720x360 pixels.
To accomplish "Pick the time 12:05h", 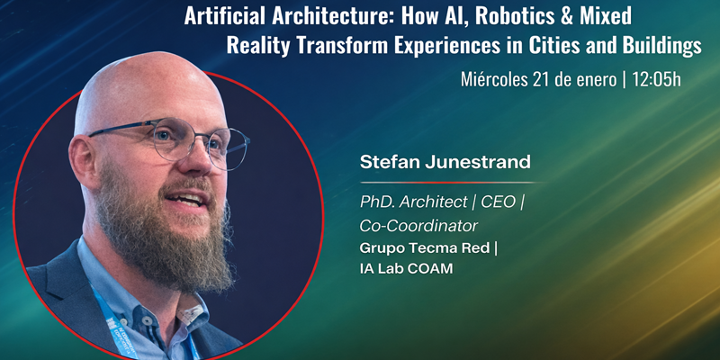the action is coord(656,80).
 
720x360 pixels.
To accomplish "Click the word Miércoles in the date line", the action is coord(494,80).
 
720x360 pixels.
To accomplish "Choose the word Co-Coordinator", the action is coord(418,226).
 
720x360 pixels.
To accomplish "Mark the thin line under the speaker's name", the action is coord(453,183).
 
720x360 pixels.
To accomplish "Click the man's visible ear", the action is coord(84,158).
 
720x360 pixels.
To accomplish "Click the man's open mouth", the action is coord(185,199).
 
